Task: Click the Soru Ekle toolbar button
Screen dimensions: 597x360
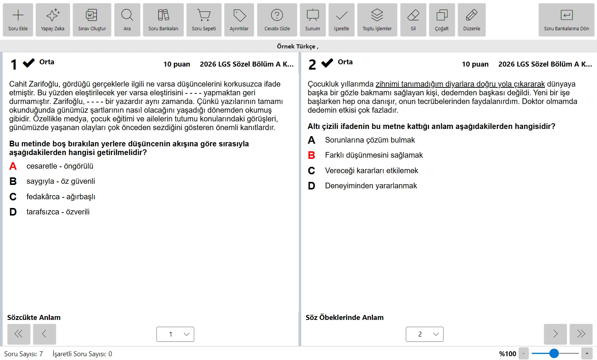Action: click(x=18, y=20)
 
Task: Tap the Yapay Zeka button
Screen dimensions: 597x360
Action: click(x=53, y=20)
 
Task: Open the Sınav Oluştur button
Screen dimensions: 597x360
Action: click(x=92, y=20)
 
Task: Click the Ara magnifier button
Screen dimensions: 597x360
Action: click(x=127, y=20)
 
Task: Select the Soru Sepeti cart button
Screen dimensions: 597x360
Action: click(x=204, y=20)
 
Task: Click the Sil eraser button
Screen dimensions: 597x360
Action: click(x=413, y=20)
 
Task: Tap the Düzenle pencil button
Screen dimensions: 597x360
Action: click(x=472, y=20)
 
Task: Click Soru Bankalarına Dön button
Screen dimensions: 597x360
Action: click(x=566, y=20)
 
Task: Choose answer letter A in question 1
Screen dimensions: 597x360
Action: click(x=13, y=166)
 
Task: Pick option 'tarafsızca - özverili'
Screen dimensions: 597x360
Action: click(x=58, y=212)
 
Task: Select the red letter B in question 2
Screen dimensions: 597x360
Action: click(x=311, y=155)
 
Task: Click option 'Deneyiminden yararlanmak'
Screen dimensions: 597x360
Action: click(x=371, y=186)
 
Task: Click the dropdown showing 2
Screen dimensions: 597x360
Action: click(x=425, y=334)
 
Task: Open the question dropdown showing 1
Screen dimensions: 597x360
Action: click(x=175, y=334)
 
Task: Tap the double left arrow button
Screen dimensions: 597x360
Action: click(x=19, y=334)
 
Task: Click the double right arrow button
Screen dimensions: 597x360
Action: click(x=581, y=334)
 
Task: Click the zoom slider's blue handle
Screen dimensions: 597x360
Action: click(x=554, y=354)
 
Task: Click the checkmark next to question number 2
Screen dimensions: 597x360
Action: click(x=327, y=63)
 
